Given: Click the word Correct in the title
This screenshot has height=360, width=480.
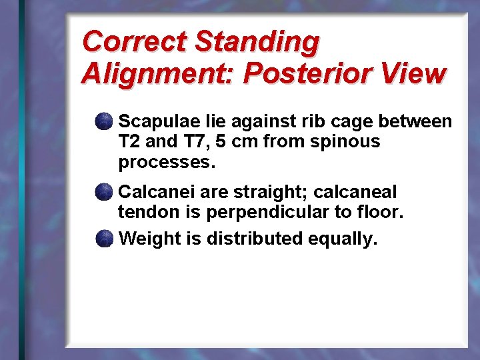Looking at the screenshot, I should pyautogui.click(x=134, y=41).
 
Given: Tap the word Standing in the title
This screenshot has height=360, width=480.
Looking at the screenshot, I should pyautogui.click(x=257, y=41).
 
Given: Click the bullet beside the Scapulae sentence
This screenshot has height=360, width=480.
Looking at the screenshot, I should pyautogui.click(x=103, y=121).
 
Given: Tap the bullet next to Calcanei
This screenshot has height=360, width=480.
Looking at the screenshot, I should pyautogui.click(x=103, y=193).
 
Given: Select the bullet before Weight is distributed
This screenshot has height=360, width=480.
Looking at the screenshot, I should pyautogui.click(x=103, y=238).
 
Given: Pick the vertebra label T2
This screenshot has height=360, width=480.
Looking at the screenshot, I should pyautogui.click(x=128, y=141).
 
